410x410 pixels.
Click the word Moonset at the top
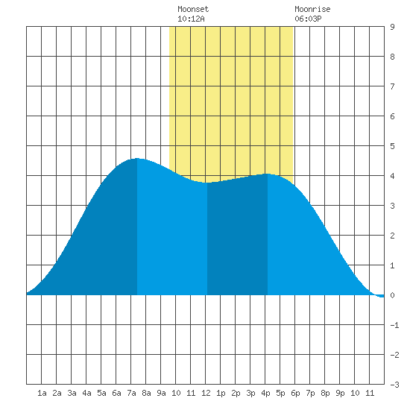coord(193,9)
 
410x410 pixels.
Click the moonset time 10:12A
coord(191,19)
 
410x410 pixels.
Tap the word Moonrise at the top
coord(312,9)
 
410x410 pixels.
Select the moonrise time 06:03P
coord(308,19)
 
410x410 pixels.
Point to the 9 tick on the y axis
coord(392,27)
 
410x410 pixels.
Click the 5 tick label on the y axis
coord(392,146)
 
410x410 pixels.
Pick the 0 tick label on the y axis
coord(392,295)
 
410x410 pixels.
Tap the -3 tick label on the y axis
coord(394,385)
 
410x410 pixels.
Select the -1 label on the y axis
coord(394,325)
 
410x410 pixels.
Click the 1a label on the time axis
coord(42,393)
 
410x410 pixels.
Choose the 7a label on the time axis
coord(131,393)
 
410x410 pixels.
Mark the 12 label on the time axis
coord(206,393)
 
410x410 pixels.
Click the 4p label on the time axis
coord(265,393)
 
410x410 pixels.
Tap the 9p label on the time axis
coord(340,393)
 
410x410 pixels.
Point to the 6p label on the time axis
coord(295,393)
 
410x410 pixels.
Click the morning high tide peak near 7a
coord(136,159)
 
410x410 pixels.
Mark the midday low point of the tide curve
coord(207,183)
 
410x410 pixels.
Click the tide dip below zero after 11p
coord(380,296)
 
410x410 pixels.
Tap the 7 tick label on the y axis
coord(392,86)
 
